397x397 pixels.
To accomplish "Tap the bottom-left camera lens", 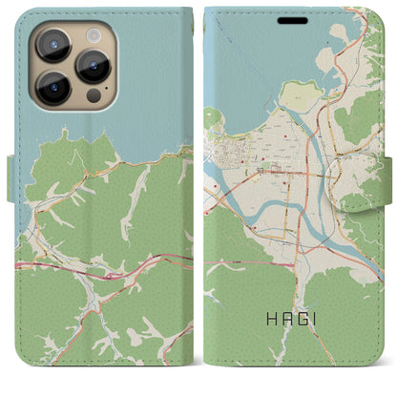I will point(53,88).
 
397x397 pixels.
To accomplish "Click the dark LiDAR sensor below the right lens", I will point(93,96).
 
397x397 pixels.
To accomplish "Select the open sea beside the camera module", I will point(153,76).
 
